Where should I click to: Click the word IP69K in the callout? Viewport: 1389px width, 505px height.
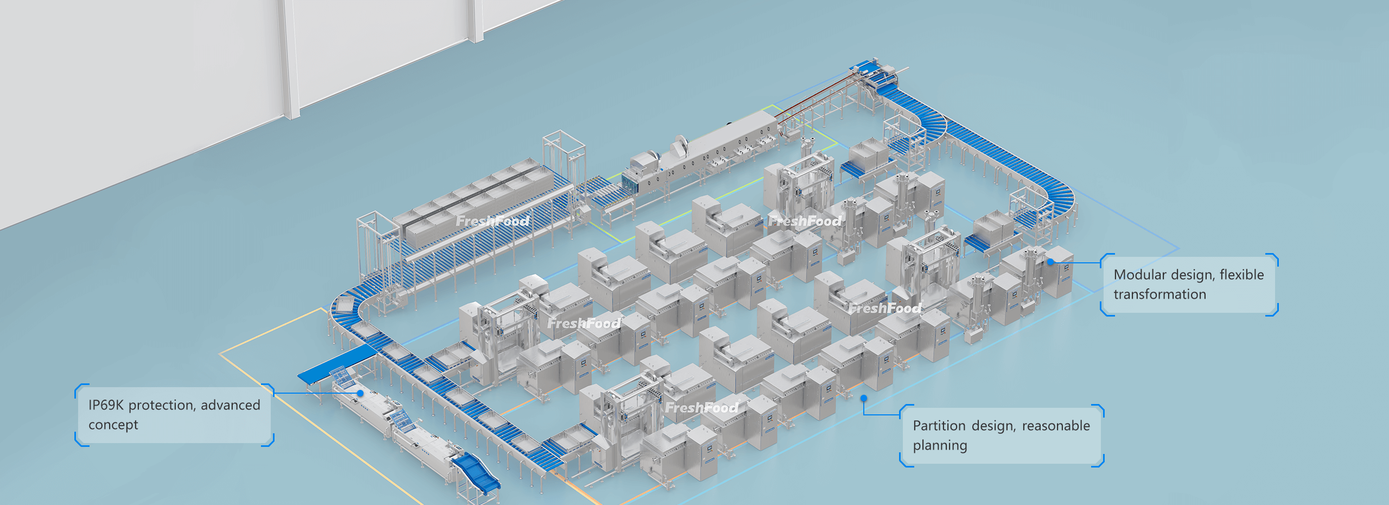tap(106, 405)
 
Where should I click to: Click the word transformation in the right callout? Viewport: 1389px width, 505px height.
tap(1160, 294)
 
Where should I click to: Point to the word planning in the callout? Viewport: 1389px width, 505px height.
tap(940, 446)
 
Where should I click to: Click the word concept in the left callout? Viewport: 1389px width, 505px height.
tap(113, 425)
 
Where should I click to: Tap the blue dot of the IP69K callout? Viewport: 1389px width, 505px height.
tap(360, 393)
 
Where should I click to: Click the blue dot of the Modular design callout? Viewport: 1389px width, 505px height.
tap(1050, 262)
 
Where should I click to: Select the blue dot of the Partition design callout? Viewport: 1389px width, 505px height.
tap(864, 399)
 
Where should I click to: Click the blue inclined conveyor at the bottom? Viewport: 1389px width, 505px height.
tap(476, 474)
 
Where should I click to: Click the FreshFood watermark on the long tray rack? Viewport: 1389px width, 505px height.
tap(493, 221)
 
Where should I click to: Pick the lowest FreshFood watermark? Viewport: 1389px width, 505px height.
tap(702, 407)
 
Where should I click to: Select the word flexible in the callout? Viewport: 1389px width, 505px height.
tap(1242, 275)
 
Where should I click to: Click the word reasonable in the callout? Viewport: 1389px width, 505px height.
tap(1056, 426)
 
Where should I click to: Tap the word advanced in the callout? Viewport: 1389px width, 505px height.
tap(231, 405)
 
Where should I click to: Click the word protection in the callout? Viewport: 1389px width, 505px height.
tap(162, 405)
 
